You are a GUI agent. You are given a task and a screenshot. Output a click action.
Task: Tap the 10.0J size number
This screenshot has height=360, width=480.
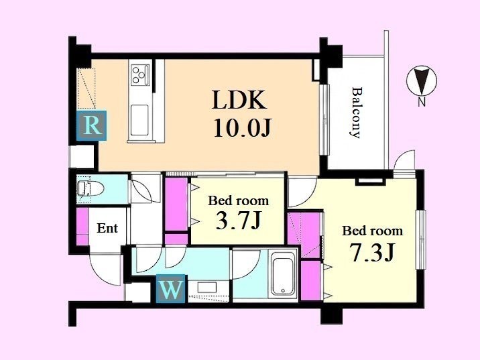242,127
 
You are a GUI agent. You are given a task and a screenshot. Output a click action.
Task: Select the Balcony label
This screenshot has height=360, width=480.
355,113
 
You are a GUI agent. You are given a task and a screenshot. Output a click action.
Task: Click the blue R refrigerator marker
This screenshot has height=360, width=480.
92,125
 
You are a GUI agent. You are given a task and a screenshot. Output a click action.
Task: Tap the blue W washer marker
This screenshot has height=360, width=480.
170,289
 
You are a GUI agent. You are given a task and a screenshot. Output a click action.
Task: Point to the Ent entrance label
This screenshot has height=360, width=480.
107,228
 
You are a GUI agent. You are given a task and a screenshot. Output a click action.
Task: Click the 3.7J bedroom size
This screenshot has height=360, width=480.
238,221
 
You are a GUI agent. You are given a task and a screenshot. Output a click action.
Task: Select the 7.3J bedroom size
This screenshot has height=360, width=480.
372,252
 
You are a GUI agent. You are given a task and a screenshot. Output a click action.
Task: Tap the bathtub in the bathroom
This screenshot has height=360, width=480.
282,274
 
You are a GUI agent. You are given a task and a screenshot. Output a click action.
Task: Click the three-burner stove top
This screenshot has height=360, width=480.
140,74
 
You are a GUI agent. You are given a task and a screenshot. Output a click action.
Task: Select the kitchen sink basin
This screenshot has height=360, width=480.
139,120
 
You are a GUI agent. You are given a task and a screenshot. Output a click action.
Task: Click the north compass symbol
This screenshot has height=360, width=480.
422,81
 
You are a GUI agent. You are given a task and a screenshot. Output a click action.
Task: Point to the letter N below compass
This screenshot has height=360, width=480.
422,103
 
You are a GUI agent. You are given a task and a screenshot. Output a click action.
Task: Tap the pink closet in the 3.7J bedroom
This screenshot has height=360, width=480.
176,204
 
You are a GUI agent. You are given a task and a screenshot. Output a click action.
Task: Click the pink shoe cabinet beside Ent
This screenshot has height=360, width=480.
82,227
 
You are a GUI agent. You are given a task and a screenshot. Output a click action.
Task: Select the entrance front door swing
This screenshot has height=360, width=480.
105,269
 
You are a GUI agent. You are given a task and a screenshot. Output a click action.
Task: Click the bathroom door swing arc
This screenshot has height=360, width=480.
247,265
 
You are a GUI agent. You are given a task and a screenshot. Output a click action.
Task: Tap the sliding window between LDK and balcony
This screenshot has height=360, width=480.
324,119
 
